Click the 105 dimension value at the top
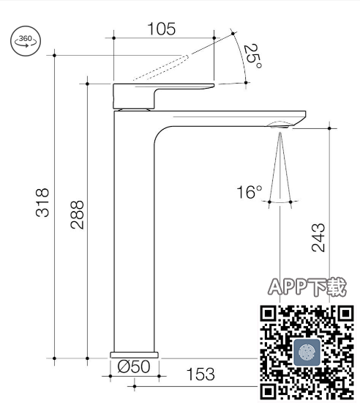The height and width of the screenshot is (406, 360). (162, 29)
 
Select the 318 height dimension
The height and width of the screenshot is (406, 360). (42, 202)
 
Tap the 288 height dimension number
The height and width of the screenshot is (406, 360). (77, 215)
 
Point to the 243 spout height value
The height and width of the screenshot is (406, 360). (318, 237)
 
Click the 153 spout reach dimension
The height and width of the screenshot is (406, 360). (200, 374)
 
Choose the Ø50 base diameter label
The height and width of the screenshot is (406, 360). (134, 366)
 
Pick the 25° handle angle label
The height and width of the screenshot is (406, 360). (252, 56)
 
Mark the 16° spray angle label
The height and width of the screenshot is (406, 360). (249, 192)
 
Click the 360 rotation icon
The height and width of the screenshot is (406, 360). (26, 41)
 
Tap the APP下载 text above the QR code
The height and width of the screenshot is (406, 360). (307, 287)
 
